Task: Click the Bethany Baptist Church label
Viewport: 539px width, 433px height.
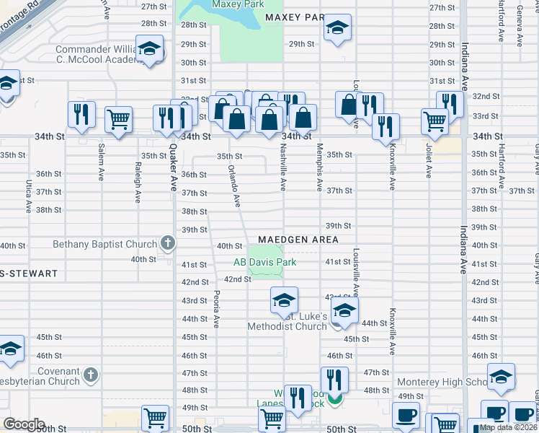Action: coord(104,244)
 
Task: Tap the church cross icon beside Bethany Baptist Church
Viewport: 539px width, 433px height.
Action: coord(168,243)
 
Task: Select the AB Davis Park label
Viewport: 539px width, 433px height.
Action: coord(264,262)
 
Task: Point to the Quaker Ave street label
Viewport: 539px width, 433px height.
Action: coord(174,166)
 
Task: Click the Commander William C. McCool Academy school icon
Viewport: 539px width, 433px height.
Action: coord(149,51)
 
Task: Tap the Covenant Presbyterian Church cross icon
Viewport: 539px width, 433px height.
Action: coord(90,375)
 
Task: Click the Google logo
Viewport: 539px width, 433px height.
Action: coord(24,424)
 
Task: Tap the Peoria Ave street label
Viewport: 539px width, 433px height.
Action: coord(216,308)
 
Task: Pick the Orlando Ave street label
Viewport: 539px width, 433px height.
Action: coord(234,185)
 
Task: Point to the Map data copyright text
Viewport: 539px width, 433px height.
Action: coord(508,427)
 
